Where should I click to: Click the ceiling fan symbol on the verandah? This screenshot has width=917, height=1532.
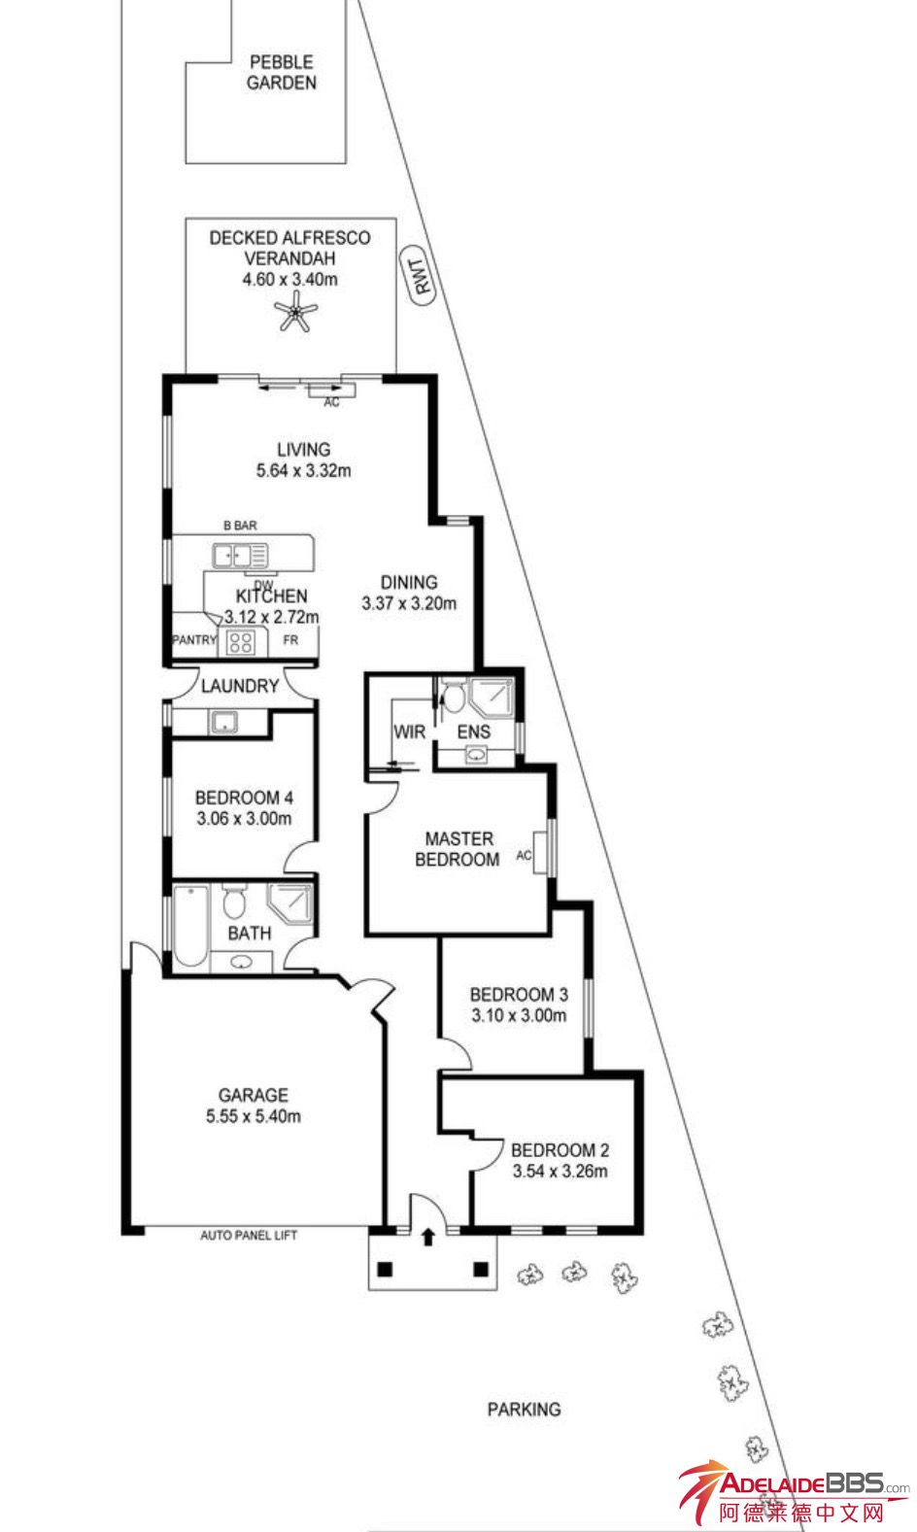click(x=295, y=312)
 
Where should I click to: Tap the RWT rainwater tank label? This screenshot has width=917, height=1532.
click(x=420, y=276)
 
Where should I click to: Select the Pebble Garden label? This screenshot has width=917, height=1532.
click(x=282, y=73)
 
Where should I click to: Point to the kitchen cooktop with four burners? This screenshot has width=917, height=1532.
click(x=240, y=642)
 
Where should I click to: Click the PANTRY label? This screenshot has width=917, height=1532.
click(x=194, y=640)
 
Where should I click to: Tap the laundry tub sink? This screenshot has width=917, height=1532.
click(x=223, y=722)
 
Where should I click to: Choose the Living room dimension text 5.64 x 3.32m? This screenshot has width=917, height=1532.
click(x=304, y=470)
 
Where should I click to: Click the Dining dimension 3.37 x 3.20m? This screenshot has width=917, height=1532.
click(x=409, y=603)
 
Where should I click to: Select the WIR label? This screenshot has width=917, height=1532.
click(x=410, y=732)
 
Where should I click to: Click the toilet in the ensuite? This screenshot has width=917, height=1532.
click(x=453, y=695)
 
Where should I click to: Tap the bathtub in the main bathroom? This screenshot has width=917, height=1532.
click(x=190, y=926)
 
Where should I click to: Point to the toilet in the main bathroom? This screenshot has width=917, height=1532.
click(x=234, y=902)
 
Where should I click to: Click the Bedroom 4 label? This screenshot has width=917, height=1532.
click(x=244, y=798)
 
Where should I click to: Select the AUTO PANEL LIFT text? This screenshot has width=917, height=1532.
click(x=249, y=1235)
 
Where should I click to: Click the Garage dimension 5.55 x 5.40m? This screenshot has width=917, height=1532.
click(x=254, y=1116)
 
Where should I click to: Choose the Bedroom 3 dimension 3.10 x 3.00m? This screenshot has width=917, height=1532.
click(x=519, y=1015)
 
